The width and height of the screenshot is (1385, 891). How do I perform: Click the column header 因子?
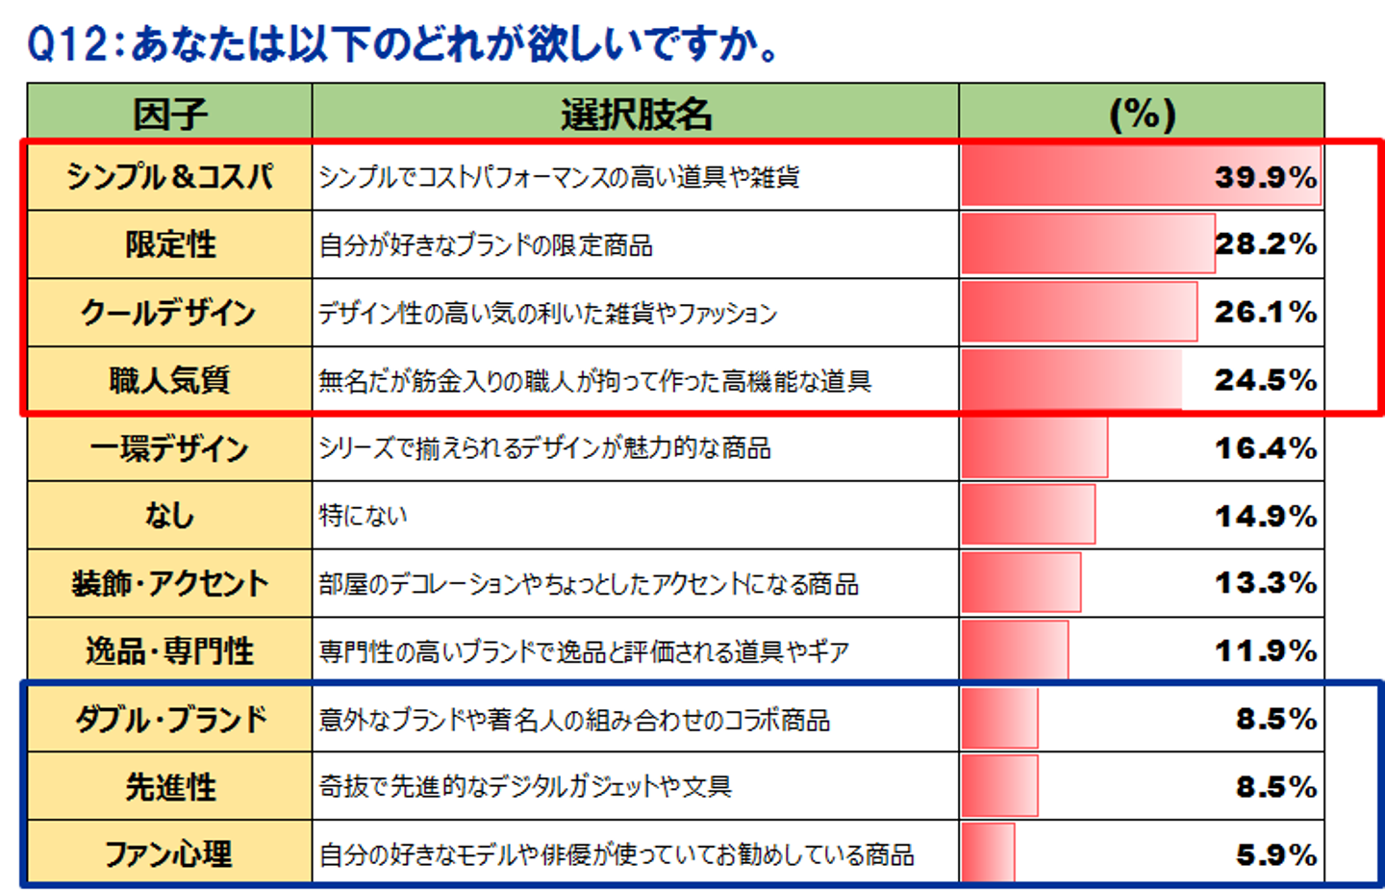coord(169,115)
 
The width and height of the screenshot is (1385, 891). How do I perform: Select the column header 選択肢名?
coord(636,115)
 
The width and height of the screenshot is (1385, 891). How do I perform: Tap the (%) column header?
coord(1142,115)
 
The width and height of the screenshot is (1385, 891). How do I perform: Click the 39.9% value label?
coord(1265,177)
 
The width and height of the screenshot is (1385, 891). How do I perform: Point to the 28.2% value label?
coord(1265,244)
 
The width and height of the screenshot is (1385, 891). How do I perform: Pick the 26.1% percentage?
coord(1265,313)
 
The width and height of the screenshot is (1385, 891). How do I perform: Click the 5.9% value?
coord(1275,854)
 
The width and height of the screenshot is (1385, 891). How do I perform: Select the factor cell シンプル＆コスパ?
coord(169,177)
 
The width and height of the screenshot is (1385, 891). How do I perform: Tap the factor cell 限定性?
coord(169,244)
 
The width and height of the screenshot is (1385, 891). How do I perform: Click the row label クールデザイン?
coord(169,313)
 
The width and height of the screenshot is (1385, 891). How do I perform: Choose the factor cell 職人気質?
coord(169,380)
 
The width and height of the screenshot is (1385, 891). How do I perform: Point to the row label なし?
coord(169,516)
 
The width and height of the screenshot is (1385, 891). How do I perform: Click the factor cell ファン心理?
coord(169,854)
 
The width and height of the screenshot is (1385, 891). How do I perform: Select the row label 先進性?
coord(169,787)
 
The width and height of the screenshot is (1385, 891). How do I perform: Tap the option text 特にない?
coord(364,516)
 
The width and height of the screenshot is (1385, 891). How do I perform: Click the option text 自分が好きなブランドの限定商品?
coord(486,245)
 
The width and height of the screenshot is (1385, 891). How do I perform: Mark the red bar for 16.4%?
coord(1034,448)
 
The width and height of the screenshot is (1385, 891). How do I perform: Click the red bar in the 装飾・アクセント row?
coord(1020,583)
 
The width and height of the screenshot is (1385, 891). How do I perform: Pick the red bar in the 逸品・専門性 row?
coord(1014,651)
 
